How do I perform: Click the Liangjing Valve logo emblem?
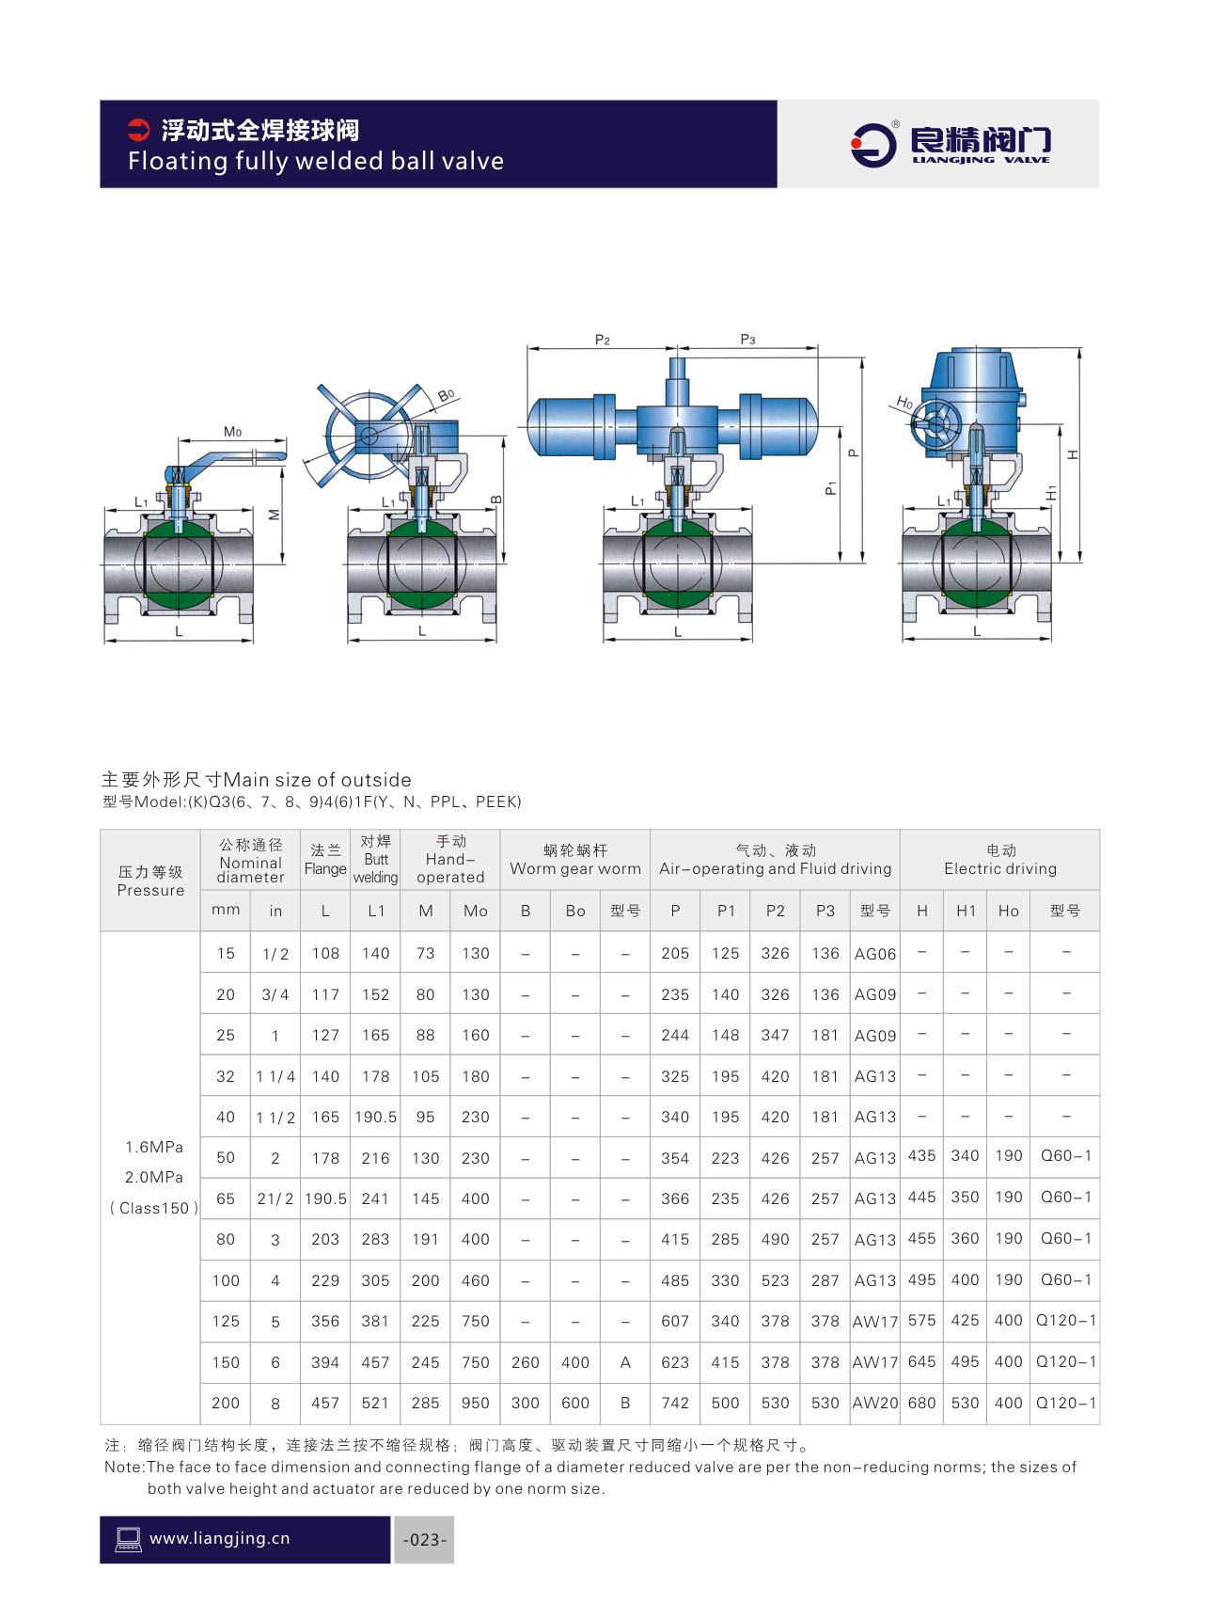click(873, 145)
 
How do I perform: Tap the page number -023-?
click(425, 1540)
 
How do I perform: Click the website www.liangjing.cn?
click(220, 1539)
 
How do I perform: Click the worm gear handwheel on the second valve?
click(368, 435)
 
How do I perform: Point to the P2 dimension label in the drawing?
click(603, 340)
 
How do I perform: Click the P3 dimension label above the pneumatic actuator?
click(747, 340)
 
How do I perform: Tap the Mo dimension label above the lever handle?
click(232, 432)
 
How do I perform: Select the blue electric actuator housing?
click(972, 405)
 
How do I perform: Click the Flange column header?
click(325, 860)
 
